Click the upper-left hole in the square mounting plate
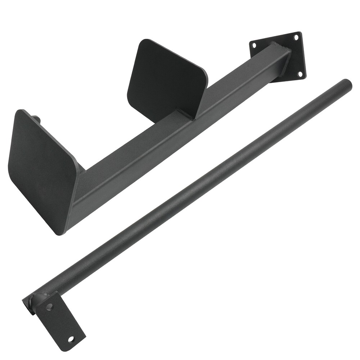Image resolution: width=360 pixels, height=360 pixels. (254, 45)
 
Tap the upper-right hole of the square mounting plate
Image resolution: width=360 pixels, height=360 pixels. (296, 37)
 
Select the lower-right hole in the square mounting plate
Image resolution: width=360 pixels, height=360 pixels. (300, 73)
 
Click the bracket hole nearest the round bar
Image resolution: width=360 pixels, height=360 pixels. (49, 306)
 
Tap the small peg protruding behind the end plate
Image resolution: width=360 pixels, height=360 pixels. (36, 118)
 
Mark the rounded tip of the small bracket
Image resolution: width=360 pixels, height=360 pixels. (77, 342)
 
